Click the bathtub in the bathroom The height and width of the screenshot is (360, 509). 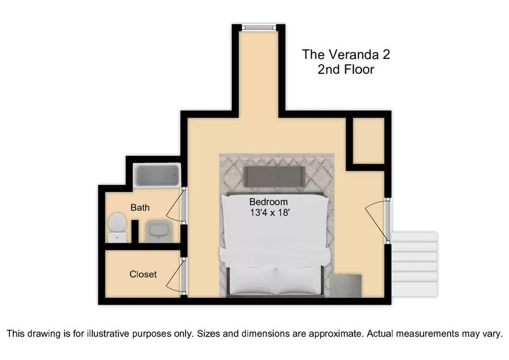[x=157, y=175]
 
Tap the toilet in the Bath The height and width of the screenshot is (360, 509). [x=117, y=227]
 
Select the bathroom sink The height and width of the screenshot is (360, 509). [x=158, y=231]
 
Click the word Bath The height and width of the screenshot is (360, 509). [x=140, y=207]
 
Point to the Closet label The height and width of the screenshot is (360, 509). [x=143, y=274]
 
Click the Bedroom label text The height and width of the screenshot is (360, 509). [x=268, y=201]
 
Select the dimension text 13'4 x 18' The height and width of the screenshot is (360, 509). [x=269, y=213]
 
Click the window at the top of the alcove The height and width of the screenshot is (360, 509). [x=259, y=28]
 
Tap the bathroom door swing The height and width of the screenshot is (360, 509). [x=174, y=205]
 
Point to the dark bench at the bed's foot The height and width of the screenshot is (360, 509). [x=274, y=177]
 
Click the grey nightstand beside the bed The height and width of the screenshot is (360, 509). [x=346, y=286]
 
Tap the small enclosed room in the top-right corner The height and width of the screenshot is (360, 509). [x=368, y=141]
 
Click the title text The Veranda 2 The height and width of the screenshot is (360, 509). [x=346, y=55]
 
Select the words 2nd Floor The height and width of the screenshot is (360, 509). [x=346, y=69]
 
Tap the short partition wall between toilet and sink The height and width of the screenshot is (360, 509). [x=135, y=232]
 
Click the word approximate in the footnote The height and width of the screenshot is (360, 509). [x=335, y=334]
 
